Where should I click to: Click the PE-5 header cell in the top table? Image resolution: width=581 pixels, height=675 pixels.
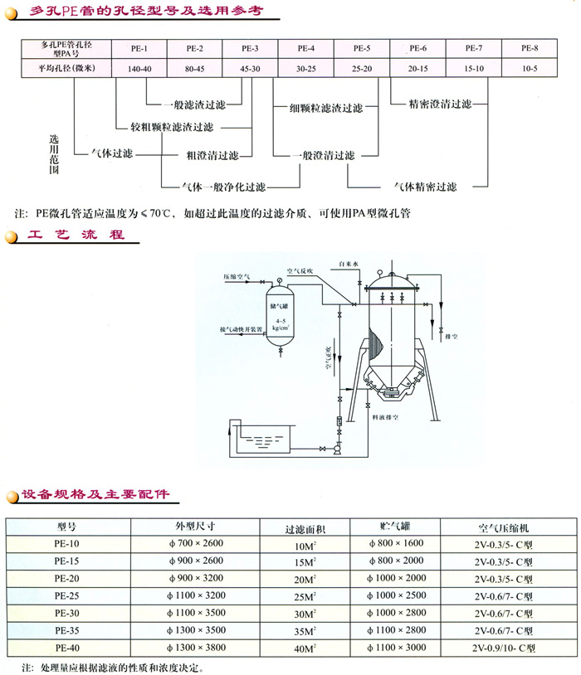tap(361, 48)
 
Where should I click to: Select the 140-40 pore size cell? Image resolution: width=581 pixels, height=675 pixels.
tap(139, 69)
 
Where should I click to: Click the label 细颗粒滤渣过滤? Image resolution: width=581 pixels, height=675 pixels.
tap(326, 108)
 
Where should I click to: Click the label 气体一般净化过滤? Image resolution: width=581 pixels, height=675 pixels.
tap(217, 187)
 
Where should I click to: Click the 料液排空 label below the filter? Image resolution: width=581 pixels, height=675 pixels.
tap(387, 419)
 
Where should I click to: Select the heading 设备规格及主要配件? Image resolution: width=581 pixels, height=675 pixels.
tap(95, 494)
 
